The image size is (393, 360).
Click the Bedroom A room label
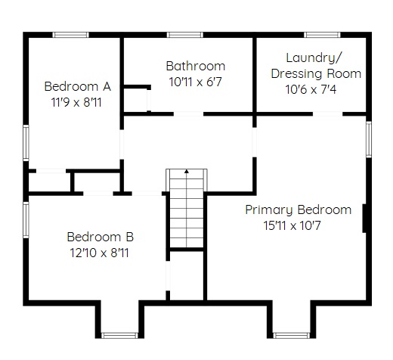click(78, 86)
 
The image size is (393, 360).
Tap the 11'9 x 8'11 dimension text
click(76, 102)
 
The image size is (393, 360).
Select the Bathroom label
click(196, 66)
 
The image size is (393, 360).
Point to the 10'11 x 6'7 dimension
click(195, 82)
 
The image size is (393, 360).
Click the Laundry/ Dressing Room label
click(316, 66)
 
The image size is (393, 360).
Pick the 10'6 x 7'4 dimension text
click(311, 89)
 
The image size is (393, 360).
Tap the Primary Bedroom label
click(299, 209)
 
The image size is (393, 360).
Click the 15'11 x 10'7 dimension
click(292, 225)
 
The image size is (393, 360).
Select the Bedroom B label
click(100, 237)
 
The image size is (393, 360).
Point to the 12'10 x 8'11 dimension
click(99, 253)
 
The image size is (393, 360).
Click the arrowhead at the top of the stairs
click(187, 172)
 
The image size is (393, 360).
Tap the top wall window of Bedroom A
click(71, 35)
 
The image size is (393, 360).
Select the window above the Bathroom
click(185, 35)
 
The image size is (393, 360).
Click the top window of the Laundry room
click(322, 35)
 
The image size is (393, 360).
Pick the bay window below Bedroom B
click(119, 335)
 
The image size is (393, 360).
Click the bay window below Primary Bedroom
click(292, 335)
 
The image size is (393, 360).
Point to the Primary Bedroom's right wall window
click(369, 139)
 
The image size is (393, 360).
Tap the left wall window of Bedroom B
click(26, 219)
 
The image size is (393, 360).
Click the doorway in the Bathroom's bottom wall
click(188, 114)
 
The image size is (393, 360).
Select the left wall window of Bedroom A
click(26, 143)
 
